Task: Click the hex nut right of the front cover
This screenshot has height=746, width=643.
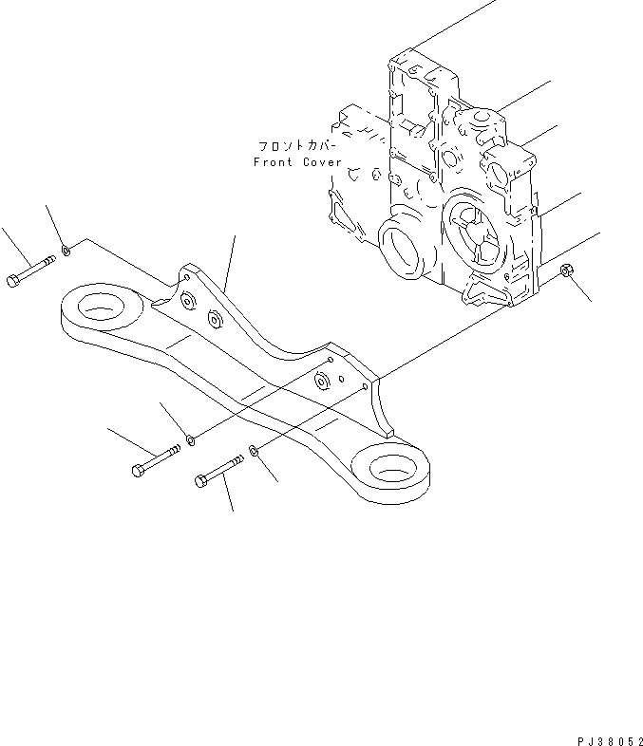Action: pos(567,272)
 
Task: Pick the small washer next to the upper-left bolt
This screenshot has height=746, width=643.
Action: pos(65,252)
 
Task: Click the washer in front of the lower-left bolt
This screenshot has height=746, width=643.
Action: pos(191,438)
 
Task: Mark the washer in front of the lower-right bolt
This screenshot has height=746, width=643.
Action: pos(254,451)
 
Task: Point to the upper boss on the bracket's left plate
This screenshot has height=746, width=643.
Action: pos(186,301)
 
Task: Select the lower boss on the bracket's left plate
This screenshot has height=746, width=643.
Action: pos(215,321)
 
